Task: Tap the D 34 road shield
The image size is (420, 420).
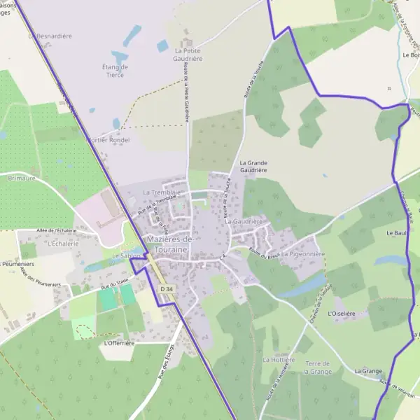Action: click(165, 288)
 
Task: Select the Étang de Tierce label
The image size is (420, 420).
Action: click(115, 71)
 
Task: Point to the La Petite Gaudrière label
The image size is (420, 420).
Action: click(188, 55)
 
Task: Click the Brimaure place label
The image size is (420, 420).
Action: click(22, 178)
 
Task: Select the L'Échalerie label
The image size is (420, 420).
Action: click(61, 244)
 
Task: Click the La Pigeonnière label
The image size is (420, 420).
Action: click(303, 254)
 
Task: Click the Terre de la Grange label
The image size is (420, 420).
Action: click(317, 367)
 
